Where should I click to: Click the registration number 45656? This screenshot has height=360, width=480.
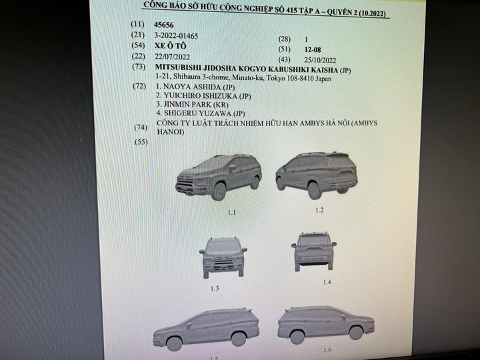click(x=164, y=25)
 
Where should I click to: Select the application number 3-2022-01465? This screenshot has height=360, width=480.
click(x=176, y=36)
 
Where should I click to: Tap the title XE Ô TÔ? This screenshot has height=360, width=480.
click(x=171, y=46)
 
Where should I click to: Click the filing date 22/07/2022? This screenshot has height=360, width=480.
click(x=173, y=57)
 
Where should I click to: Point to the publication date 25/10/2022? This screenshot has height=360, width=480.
click(x=320, y=60)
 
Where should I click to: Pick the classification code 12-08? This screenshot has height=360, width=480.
click(x=313, y=49)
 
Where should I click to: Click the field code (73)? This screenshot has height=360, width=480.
click(x=139, y=67)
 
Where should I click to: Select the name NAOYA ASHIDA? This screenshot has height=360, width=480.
click(x=192, y=87)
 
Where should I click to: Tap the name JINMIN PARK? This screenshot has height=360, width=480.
click(x=187, y=105)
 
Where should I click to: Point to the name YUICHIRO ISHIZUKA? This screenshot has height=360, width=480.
click(x=200, y=96)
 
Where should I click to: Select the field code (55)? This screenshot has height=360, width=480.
click(x=141, y=142)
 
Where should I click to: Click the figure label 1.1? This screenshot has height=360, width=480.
click(x=232, y=213)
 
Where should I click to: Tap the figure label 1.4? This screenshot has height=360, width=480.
click(x=327, y=282)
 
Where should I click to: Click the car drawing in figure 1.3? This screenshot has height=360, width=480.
click(x=223, y=257)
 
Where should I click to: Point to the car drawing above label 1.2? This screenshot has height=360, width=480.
click(x=317, y=175)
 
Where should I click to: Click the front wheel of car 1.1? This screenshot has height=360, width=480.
click(x=219, y=191)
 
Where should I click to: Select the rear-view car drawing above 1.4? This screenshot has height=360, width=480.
click(x=314, y=251)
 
